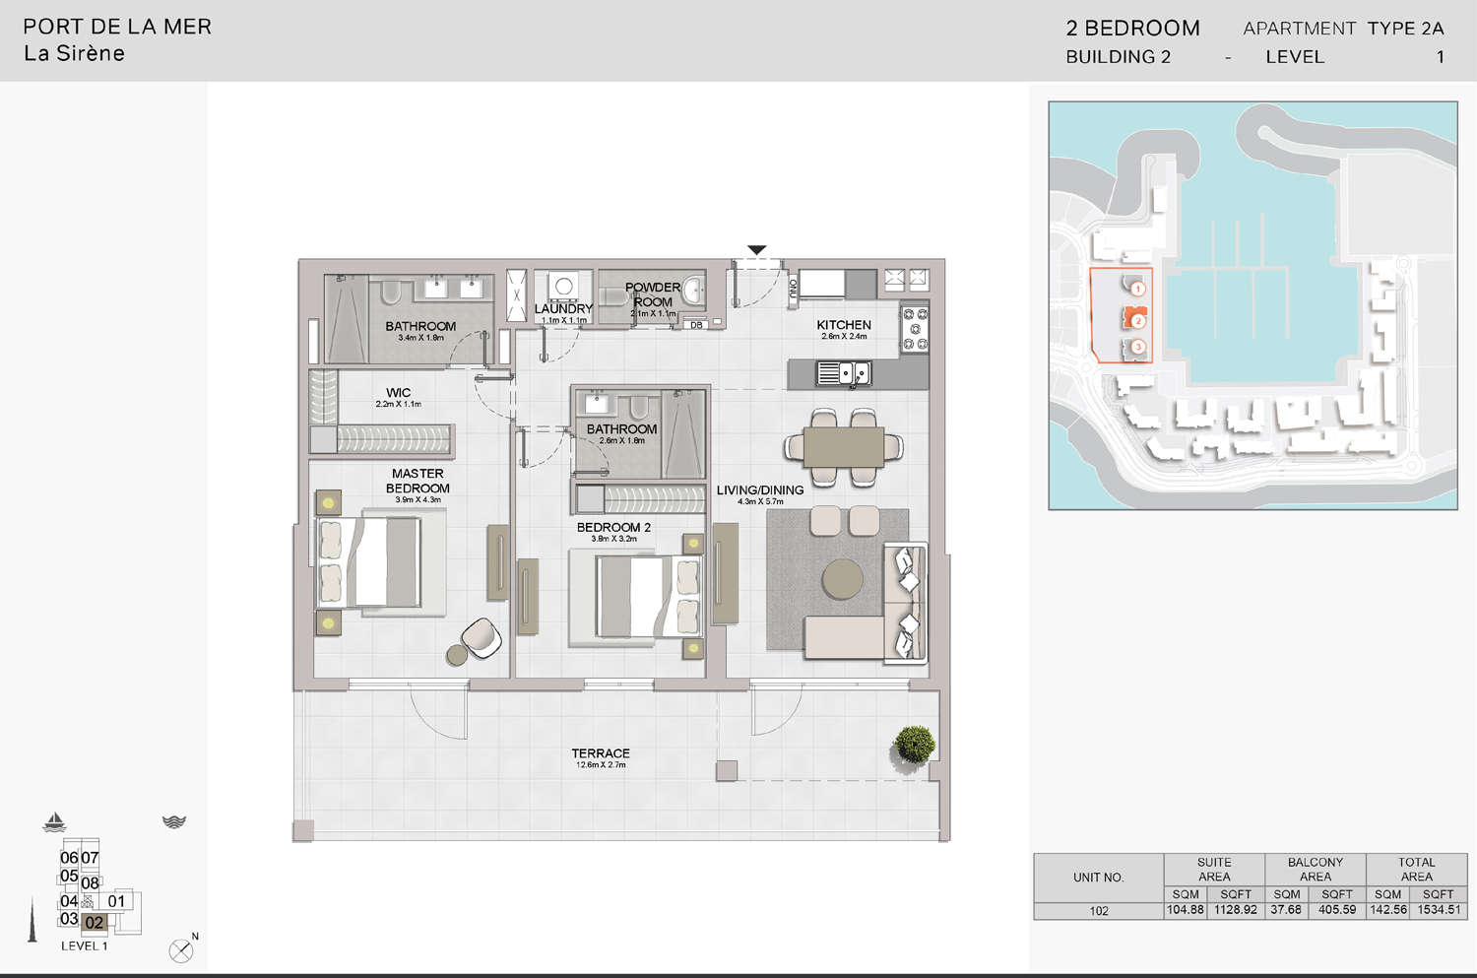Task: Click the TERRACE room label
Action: (x=601, y=754)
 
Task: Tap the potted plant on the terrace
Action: (x=914, y=745)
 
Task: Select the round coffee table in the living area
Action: (x=843, y=580)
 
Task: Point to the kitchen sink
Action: (x=844, y=374)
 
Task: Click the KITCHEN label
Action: (x=844, y=325)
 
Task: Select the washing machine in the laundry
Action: (x=564, y=287)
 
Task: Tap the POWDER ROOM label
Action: (x=653, y=294)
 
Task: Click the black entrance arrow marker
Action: (x=756, y=250)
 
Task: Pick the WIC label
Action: (x=398, y=393)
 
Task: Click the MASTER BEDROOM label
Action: (x=417, y=481)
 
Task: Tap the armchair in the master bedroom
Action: (x=482, y=637)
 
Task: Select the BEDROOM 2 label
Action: (x=613, y=528)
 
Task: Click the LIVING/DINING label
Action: (x=760, y=490)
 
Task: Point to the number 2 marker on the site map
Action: (x=1137, y=320)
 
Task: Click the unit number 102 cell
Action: (x=1099, y=911)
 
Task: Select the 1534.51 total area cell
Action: (x=1439, y=910)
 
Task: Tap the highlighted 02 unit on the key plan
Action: (x=94, y=923)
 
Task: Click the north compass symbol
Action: (x=181, y=950)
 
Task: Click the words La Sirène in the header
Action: (x=75, y=54)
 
